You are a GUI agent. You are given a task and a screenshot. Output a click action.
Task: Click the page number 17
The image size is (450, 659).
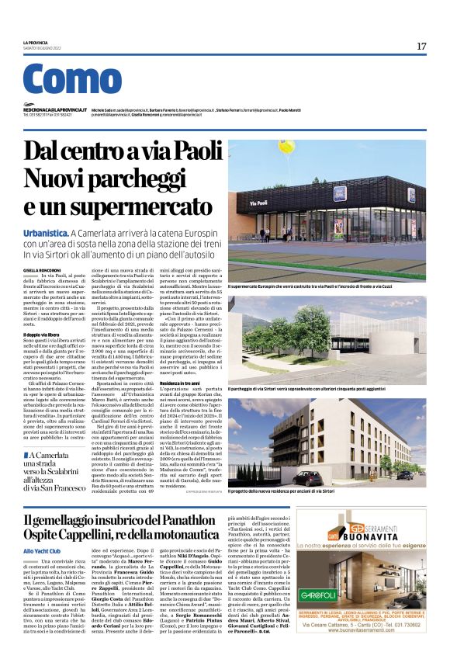tap(421, 47)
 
